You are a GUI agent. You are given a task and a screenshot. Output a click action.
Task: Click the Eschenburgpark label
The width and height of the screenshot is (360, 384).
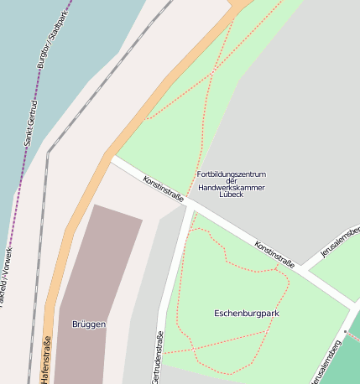click(x=246, y=313)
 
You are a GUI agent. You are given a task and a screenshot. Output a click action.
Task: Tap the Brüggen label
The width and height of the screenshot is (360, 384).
click(x=88, y=324)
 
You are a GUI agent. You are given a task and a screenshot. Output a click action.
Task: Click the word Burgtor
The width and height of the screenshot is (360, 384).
click(x=44, y=52)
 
